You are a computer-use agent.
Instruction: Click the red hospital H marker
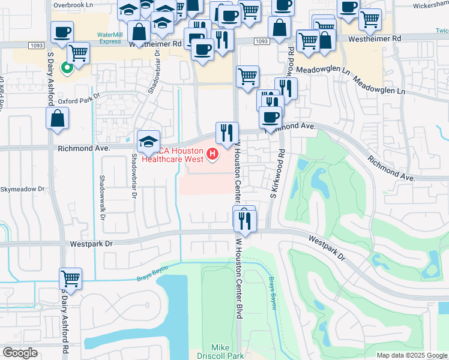tap(212, 155)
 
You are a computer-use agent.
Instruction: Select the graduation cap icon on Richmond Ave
tap(149, 142)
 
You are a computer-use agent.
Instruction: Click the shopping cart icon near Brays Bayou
tap(70, 278)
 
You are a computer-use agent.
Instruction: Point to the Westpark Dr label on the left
tap(91, 244)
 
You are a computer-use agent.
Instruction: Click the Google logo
tap(19, 353)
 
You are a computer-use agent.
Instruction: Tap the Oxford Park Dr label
tap(77, 102)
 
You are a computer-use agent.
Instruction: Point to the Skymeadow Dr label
tap(22, 189)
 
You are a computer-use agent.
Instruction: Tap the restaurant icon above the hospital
tap(227, 133)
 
